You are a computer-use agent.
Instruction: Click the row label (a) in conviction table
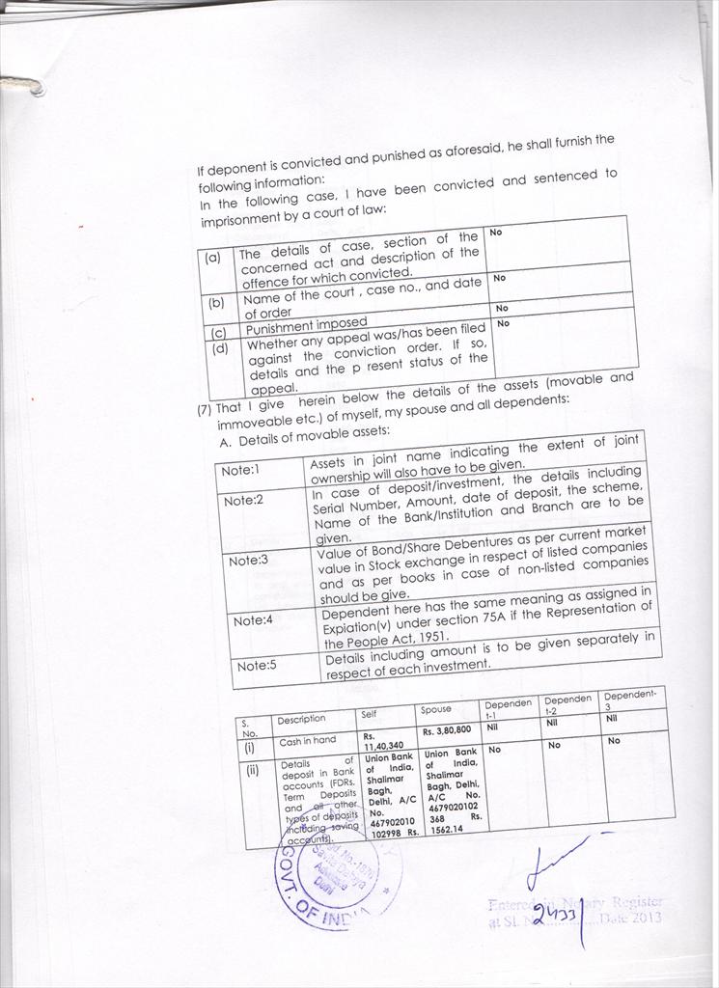pyautogui.click(x=212, y=259)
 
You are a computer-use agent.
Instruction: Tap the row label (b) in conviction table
pyautogui.click(x=216, y=302)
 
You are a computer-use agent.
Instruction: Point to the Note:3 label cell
pyautogui.click(x=248, y=561)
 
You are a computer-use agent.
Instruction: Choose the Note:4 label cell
pyautogui.click(x=253, y=620)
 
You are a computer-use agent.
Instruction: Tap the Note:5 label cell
pyautogui.click(x=257, y=666)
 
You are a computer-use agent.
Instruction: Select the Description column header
pyautogui.click(x=301, y=719)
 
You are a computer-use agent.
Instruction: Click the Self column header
pyautogui.click(x=369, y=714)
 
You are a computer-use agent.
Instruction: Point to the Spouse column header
pyautogui.click(x=436, y=710)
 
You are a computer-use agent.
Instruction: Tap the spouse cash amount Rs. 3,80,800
pyautogui.click(x=446, y=730)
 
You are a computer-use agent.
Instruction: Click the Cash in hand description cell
pyautogui.click(x=303, y=742)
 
